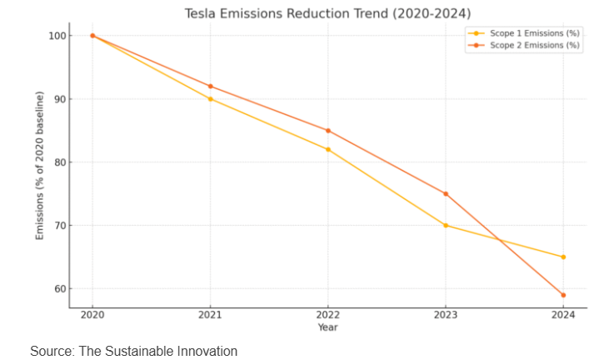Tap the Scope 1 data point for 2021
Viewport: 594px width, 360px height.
(210, 99)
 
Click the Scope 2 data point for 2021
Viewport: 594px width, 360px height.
(210, 86)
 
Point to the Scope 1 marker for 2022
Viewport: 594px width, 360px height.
(327, 149)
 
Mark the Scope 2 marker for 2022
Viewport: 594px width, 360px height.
(327, 131)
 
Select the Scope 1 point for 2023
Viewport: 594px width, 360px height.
(446, 225)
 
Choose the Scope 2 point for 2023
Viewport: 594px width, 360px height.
(446, 193)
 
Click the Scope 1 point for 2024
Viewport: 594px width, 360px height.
(563, 257)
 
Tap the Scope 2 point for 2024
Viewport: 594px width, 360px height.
(563, 295)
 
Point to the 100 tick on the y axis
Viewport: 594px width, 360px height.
(56, 36)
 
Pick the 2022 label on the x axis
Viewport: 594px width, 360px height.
(327, 315)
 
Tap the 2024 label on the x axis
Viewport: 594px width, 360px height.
(563, 315)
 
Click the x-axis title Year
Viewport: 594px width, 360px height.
(327, 327)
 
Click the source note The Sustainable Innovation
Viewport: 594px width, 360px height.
(133, 351)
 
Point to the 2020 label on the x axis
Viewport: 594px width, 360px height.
(92, 315)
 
